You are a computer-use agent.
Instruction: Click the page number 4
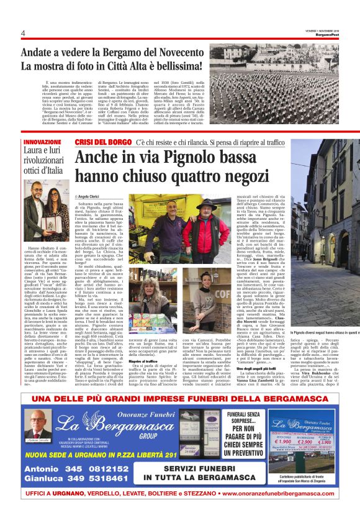(x=22, y=33)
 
